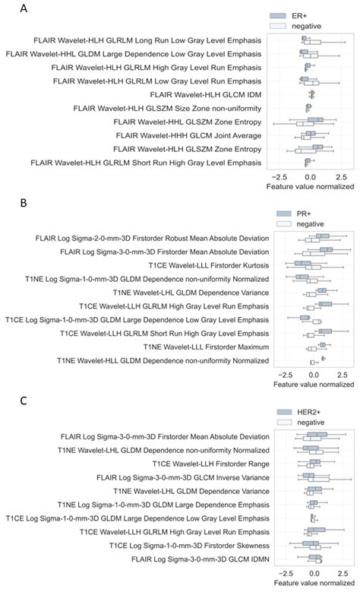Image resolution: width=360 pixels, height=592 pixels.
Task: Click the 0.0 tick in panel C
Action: [x=314, y=571]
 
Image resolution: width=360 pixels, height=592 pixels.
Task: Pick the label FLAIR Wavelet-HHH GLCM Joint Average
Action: [x=165, y=135]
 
